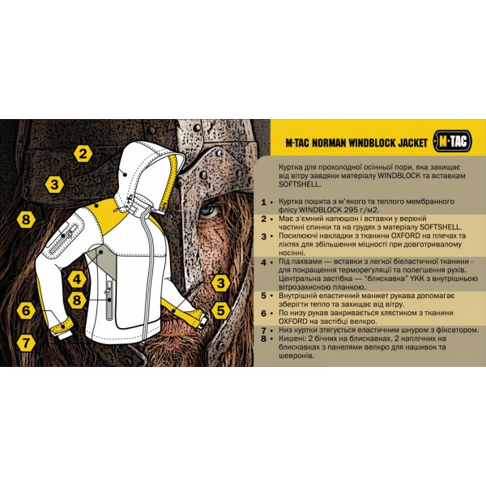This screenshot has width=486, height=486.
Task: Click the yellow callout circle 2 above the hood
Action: point(82,151)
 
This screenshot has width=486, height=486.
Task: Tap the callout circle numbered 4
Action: point(76,280)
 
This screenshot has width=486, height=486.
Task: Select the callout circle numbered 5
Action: point(219,309)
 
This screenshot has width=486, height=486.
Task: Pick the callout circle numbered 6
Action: point(26,310)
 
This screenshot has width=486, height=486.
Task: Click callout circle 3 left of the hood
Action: point(54,185)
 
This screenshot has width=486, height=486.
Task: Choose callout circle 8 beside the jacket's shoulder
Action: point(26,220)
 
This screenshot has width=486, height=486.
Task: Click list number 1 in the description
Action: point(263,199)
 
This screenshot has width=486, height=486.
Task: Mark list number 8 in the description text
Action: point(263,339)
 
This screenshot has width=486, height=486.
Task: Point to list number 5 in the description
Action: point(263,296)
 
